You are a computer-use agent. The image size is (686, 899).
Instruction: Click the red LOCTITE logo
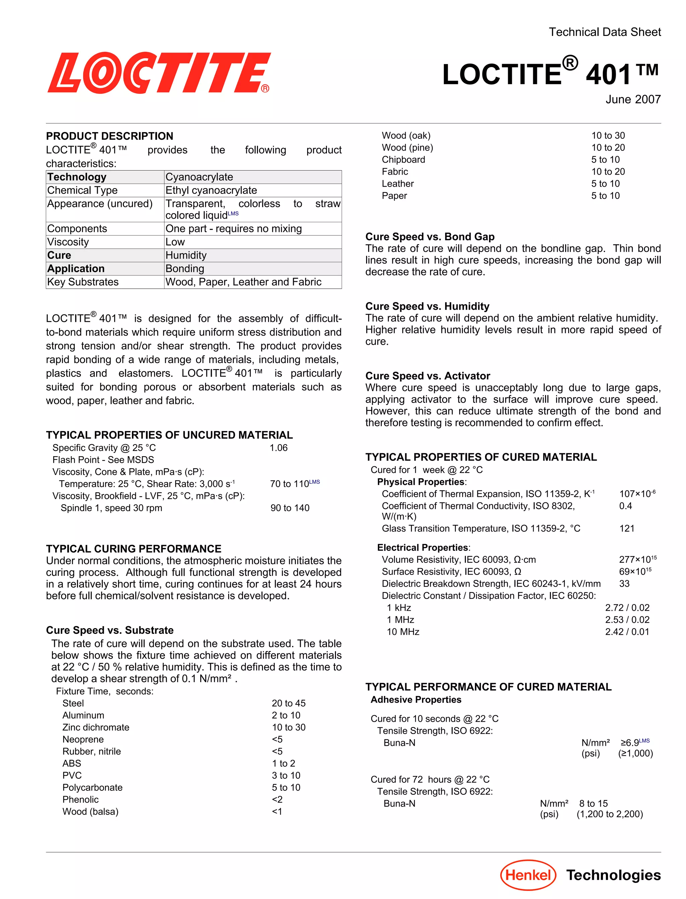158,73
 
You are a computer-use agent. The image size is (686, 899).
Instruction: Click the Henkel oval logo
528,875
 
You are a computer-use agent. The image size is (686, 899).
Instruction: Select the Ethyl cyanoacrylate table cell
211,190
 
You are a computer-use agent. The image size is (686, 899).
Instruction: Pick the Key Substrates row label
83,282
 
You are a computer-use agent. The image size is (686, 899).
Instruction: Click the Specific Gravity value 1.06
278,448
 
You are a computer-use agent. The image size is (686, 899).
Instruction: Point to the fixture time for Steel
288,703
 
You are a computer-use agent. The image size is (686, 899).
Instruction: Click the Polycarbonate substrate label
92,787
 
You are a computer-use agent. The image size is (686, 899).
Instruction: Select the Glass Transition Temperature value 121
626,528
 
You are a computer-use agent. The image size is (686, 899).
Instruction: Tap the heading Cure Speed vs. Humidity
427,306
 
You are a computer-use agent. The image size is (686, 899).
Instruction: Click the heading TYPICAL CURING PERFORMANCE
134,549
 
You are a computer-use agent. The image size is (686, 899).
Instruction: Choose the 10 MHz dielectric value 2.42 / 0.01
627,632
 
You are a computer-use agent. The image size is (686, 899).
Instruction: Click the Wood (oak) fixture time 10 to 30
608,136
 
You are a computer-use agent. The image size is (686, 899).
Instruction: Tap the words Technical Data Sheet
604,32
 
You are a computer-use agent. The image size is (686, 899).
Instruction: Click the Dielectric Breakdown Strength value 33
624,584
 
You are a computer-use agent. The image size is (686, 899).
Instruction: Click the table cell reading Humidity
186,255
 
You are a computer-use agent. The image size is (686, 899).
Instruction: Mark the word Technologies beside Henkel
613,875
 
